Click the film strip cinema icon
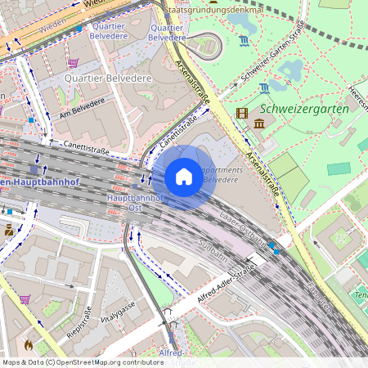click(x=241, y=114)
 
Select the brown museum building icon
click(x=258, y=123)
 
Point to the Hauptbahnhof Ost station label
click(x=135, y=203)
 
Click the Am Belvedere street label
click(x=83, y=106)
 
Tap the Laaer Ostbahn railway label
click(x=244, y=228)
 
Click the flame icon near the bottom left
click(x=30, y=345)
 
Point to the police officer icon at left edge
click(x=8, y=230)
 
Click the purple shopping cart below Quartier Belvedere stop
click(x=73, y=62)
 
